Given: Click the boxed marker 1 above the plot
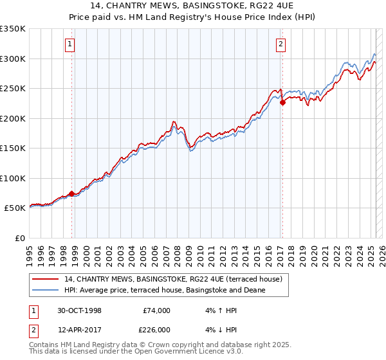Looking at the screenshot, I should (x=69, y=44).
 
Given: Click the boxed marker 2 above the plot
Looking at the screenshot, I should (x=281, y=44).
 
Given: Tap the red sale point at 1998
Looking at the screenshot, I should (x=72, y=194).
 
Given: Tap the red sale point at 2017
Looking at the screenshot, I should (x=282, y=102).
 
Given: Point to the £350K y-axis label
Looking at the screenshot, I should (x=13, y=29).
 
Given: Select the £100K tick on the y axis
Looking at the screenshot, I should (x=13, y=178).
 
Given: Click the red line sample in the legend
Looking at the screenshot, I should (x=45, y=279).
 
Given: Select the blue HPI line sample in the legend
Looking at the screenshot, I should (x=45, y=290).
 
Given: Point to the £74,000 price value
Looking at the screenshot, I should (x=156, y=310).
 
